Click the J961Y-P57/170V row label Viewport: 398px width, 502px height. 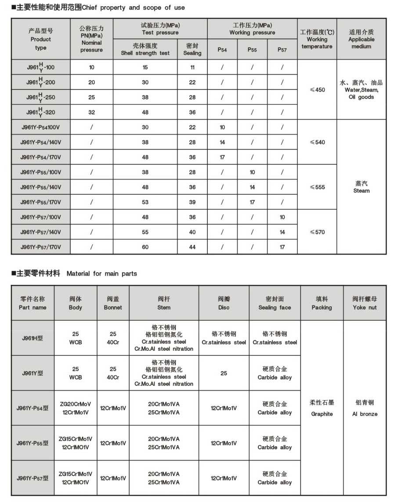pos(40,247)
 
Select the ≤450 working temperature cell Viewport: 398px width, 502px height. pos(317,90)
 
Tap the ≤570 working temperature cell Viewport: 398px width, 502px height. pos(317,232)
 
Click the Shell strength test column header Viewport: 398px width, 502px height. pos(145,49)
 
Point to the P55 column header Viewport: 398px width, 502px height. pos(252,50)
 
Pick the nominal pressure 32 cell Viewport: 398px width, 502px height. pos(91,112)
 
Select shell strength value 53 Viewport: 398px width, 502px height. pos(145,202)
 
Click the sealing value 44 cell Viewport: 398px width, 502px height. pos(192,247)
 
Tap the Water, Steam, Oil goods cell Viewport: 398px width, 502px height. pos(361,90)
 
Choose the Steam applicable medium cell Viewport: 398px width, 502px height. pos(361,187)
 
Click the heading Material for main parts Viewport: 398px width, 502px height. pos(101,273)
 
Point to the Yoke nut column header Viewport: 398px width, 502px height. pos(365,303)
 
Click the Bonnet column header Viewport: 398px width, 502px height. pos(113,303)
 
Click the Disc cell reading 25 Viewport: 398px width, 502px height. pos(224,373)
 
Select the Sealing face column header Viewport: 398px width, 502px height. pos(275,303)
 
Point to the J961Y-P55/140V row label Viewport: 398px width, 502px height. pos(40,187)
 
